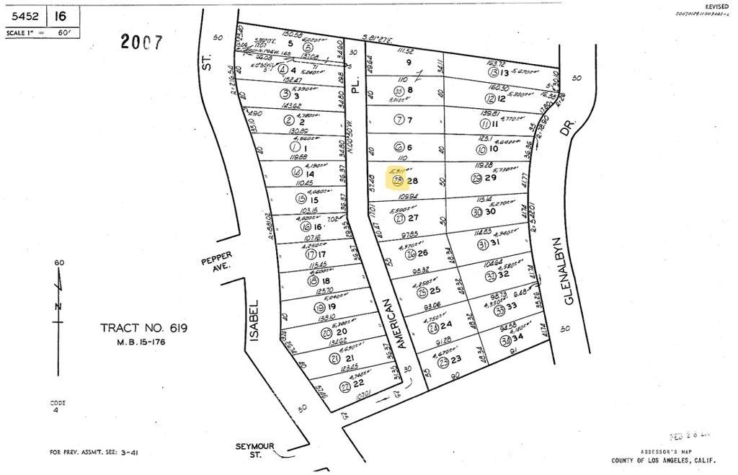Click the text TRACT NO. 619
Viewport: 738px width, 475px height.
point(144,329)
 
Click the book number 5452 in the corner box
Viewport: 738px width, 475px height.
point(24,14)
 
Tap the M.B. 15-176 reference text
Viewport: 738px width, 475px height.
point(143,342)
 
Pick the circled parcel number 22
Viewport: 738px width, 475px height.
point(345,386)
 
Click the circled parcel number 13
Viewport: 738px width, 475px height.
point(493,73)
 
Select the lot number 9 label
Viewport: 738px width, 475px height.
point(408,62)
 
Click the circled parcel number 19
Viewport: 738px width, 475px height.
point(319,308)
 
